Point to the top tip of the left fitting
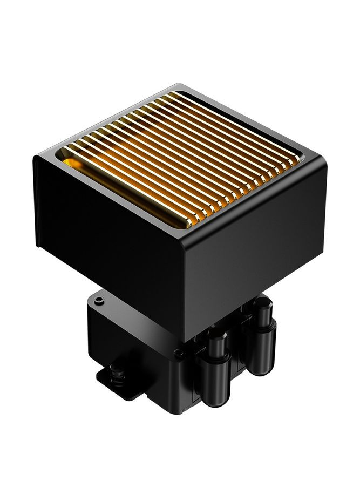(216, 334)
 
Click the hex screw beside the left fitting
(179, 354)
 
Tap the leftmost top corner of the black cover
(36, 156)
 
